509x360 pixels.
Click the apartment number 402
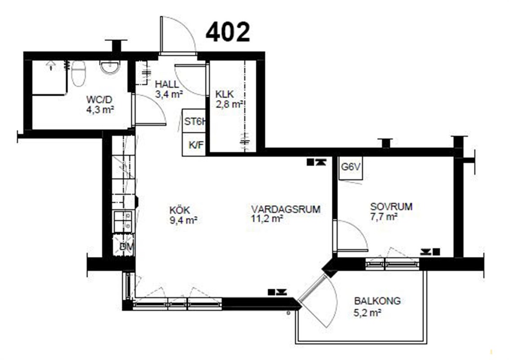tap(228, 32)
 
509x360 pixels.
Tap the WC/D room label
tap(99, 99)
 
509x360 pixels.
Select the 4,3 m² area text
tap(100, 110)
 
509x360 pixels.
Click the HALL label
tap(167, 85)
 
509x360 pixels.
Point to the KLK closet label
tap(225, 94)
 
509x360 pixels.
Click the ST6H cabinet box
tap(194, 121)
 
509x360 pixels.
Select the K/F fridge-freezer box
tap(194, 144)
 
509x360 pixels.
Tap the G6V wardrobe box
tap(351, 168)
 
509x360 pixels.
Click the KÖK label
tap(179, 210)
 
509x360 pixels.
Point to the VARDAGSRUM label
tap(286, 209)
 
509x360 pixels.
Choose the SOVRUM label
tap(392, 207)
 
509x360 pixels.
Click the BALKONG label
tap(377, 301)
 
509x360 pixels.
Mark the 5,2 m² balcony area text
tap(367, 313)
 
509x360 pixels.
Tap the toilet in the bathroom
tap(78, 73)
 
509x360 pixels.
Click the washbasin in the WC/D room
tap(109, 67)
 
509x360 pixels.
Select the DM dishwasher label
tap(126, 247)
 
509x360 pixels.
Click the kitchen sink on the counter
tap(122, 221)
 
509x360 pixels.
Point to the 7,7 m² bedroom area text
tap(384, 217)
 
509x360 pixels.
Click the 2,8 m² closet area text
tap(229, 104)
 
